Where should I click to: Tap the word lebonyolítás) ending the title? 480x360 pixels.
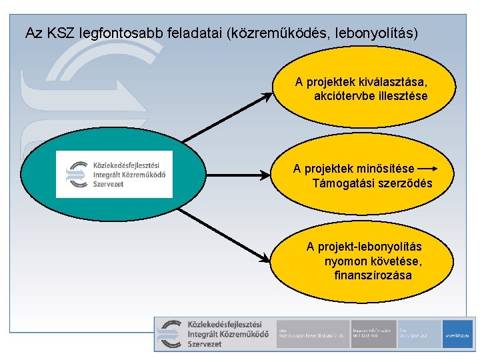[x=379, y=32]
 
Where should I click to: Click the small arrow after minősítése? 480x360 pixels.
[x=427, y=169]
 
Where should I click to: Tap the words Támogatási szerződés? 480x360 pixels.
[x=372, y=183]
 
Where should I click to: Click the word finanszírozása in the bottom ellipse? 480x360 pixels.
[x=373, y=275]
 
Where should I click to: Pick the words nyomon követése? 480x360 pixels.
[x=373, y=261]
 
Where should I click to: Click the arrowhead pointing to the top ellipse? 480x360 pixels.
[x=268, y=95]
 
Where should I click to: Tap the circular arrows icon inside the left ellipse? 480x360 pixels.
[x=75, y=173]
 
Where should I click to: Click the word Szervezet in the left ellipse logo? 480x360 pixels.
[x=108, y=183]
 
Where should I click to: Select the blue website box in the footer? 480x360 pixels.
[x=459, y=333]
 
